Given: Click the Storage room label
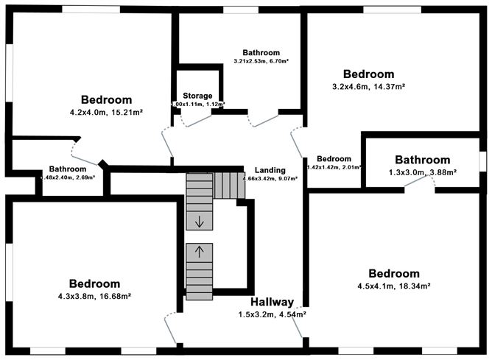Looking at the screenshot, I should tap(197, 96).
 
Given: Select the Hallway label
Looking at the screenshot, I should tap(272, 303).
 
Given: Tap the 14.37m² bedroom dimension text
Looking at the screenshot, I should tap(369, 86).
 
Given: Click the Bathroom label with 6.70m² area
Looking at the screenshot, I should tap(261, 53).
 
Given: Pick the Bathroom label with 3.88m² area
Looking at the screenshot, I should tap(422, 160).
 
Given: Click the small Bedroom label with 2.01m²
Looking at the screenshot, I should tap(334, 158).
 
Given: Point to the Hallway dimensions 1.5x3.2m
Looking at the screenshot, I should tap(272, 314).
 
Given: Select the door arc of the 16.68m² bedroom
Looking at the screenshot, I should tap(171, 321).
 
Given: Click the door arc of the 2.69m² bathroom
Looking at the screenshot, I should tap(79, 151).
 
